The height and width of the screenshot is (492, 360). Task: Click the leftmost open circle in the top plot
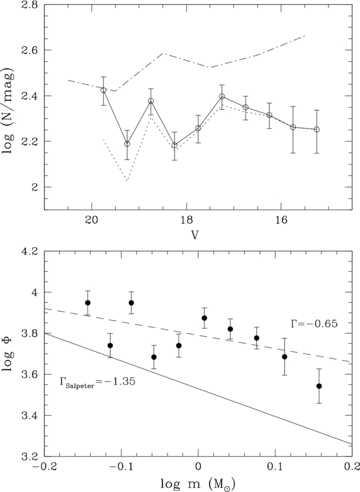click(x=103, y=90)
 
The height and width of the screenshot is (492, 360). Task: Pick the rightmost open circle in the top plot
click(x=317, y=129)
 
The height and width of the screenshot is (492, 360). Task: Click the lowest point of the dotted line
click(x=127, y=181)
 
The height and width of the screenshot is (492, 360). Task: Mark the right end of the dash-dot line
click(x=305, y=36)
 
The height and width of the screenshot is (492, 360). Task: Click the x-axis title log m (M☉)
click(x=198, y=484)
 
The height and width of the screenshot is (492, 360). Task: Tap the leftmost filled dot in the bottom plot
click(x=88, y=303)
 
